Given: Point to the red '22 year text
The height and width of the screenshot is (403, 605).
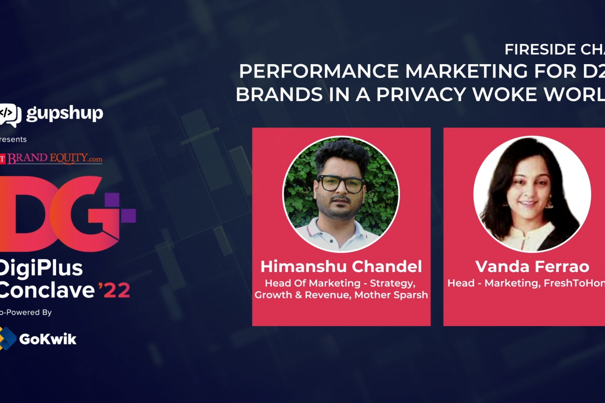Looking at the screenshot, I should click(x=114, y=290).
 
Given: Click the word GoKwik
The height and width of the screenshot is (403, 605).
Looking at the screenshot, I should click(x=48, y=339).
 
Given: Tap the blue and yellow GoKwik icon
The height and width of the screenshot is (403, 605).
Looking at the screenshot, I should click(x=7, y=338).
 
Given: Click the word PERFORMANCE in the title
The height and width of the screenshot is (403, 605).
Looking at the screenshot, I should click(x=319, y=71).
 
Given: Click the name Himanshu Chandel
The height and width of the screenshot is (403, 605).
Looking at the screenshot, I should click(x=341, y=266).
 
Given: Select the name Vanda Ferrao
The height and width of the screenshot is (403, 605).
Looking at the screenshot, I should click(x=532, y=266).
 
